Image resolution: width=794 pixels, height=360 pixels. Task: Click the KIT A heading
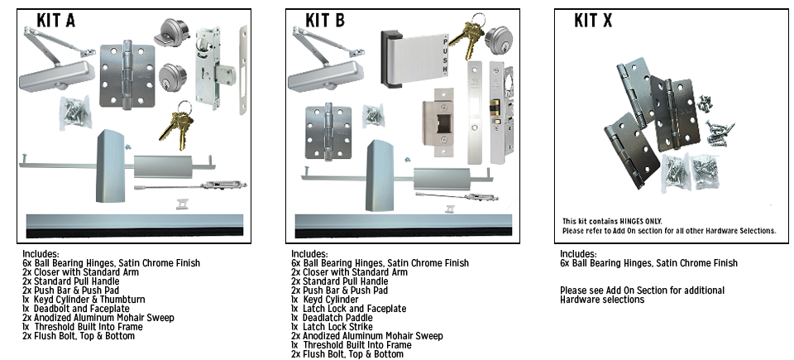point(55,21)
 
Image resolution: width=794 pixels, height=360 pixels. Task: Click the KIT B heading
point(324,21)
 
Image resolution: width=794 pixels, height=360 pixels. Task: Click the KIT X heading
point(593,21)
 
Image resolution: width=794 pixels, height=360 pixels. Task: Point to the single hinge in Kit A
point(127,75)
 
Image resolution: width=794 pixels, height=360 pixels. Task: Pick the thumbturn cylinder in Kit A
point(171,32)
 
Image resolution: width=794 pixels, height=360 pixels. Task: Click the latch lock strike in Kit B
point(438,122)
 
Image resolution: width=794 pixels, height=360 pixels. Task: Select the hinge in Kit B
point(328,132)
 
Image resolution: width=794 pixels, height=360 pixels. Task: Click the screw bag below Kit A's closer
point(75,111)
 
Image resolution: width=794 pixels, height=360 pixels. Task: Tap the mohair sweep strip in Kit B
point(404,226)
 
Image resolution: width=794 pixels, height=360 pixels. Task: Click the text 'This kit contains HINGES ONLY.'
point(612,221)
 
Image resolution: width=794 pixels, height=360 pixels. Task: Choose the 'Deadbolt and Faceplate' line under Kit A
point(76,309)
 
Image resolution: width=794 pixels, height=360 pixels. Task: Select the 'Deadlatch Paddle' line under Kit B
point(332,318)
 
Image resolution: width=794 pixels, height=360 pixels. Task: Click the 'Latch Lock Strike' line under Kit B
point(332,327)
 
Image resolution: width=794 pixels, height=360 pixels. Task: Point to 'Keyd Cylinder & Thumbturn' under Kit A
point(84,299)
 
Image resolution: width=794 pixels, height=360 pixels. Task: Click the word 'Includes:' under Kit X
point(578,253)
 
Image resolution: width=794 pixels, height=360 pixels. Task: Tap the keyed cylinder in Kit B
point(499,39)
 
